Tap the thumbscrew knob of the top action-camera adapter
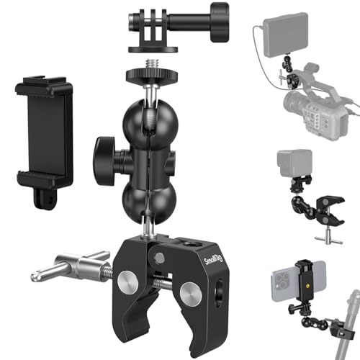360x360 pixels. coord(214,14)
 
